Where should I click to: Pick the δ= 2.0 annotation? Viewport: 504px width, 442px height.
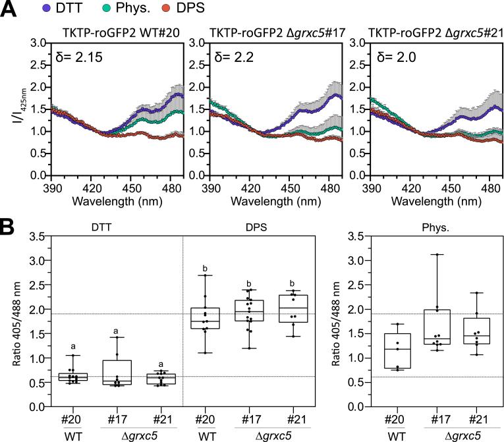coord(389,57)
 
